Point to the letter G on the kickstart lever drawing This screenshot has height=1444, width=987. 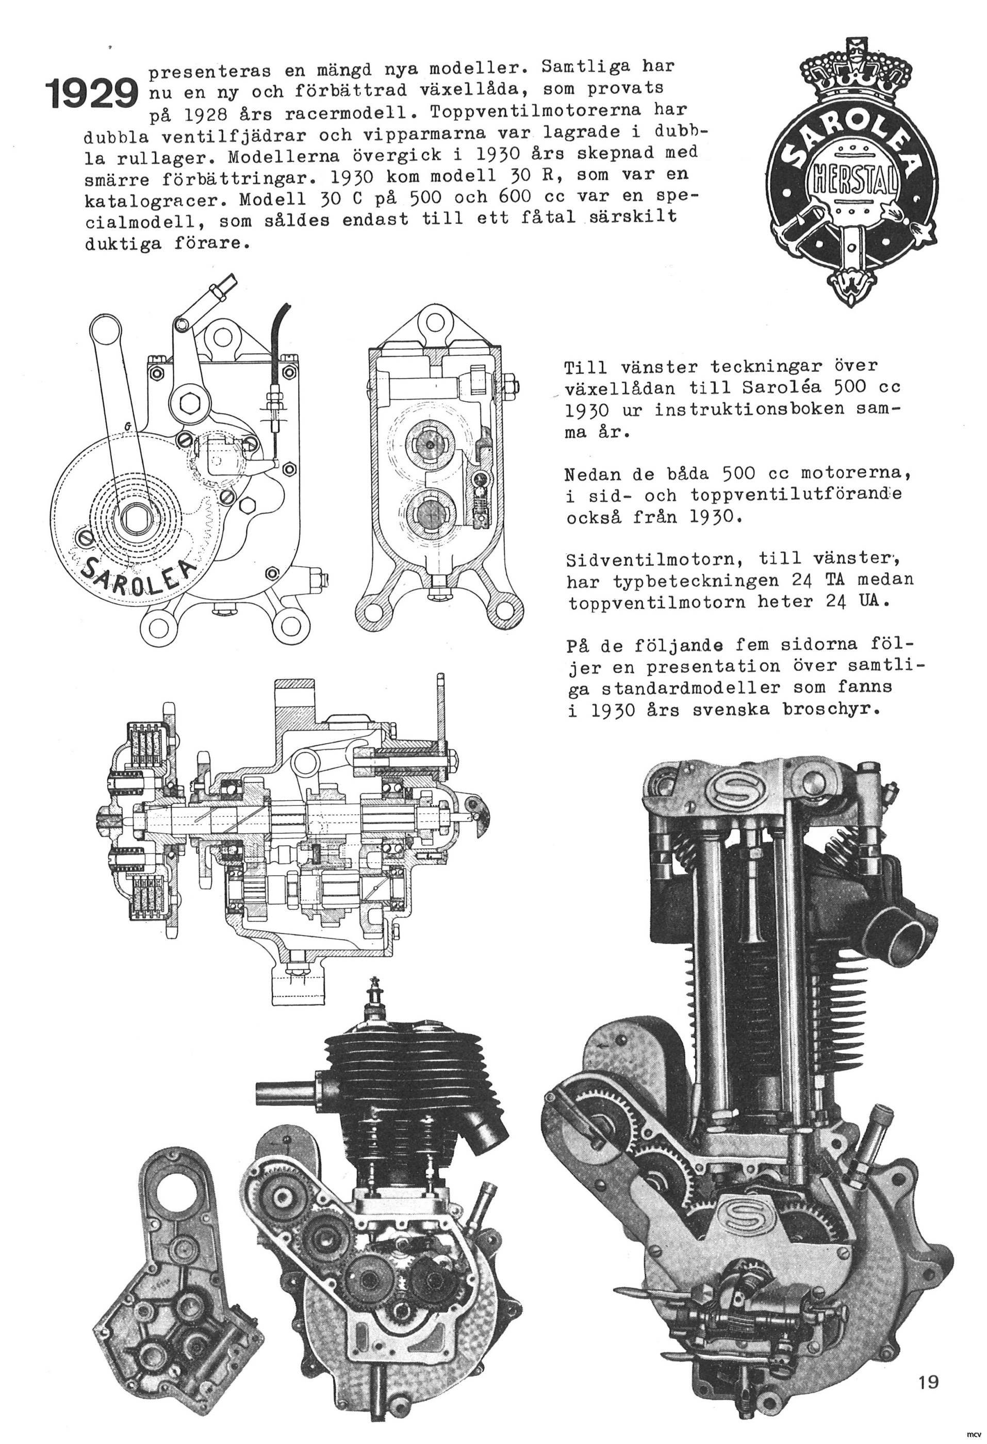pos(127,426)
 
